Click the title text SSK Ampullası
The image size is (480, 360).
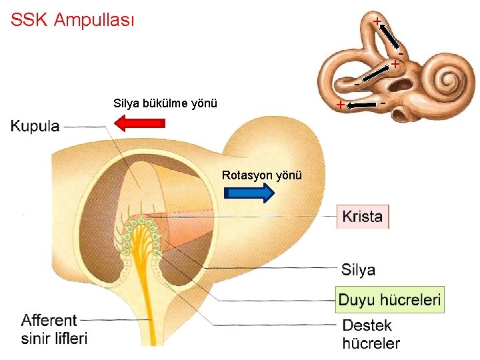72,20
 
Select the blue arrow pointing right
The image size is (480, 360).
249,194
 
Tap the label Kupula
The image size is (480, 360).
35,126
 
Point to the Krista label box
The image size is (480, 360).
363,217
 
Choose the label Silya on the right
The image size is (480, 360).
358,270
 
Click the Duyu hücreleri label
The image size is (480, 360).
389,300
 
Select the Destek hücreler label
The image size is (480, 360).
371,335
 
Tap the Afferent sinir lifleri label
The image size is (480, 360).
54,329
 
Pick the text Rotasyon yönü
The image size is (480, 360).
262,175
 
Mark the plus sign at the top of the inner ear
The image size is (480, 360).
377,21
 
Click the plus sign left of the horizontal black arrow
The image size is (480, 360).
340,105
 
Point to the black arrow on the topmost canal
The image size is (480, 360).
389,38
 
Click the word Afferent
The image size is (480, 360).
49,321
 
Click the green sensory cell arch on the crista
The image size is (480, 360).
142,229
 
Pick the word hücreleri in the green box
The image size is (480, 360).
410,300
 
